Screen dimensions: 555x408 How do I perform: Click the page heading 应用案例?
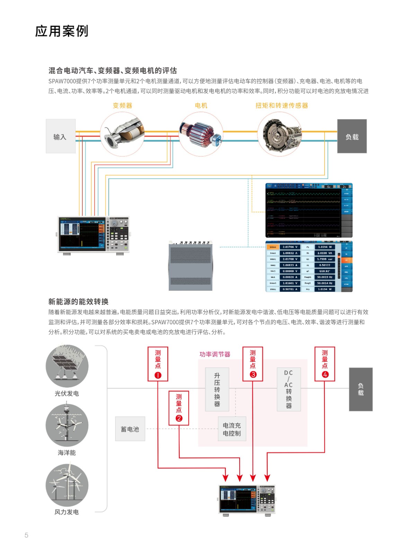click(x=62, y=31)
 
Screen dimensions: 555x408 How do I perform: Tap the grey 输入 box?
click(x=61, y=136)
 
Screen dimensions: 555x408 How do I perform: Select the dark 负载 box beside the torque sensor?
click(x=352, y=136)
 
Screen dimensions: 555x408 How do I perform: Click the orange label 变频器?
click(x=122, y=105)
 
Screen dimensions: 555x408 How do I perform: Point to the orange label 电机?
click(x=201, y=105)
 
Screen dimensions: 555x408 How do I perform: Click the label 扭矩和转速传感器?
click(x=282, y=105)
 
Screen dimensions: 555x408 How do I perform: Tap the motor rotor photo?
click(x=201, y=134)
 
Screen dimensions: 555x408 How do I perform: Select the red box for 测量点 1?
click(x=158, y=364)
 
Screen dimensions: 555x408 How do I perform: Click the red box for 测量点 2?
click(x=179, y=408)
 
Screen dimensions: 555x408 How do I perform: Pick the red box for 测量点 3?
click(x=253, y=364)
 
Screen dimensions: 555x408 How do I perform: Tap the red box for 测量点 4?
click(x=325, y=364)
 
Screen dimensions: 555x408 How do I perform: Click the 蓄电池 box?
click(x=130, y=429)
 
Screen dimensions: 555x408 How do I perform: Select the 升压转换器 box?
click(x=217, y=389)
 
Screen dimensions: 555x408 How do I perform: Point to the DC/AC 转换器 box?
click(x=289, y=389)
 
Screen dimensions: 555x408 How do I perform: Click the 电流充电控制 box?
click(x=232, y=429)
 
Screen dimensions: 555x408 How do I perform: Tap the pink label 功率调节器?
click(x=215, y=354)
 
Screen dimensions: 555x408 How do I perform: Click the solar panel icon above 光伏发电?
click(x=67, y=366)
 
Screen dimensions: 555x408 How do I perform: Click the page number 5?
click(x=26, y=535)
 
